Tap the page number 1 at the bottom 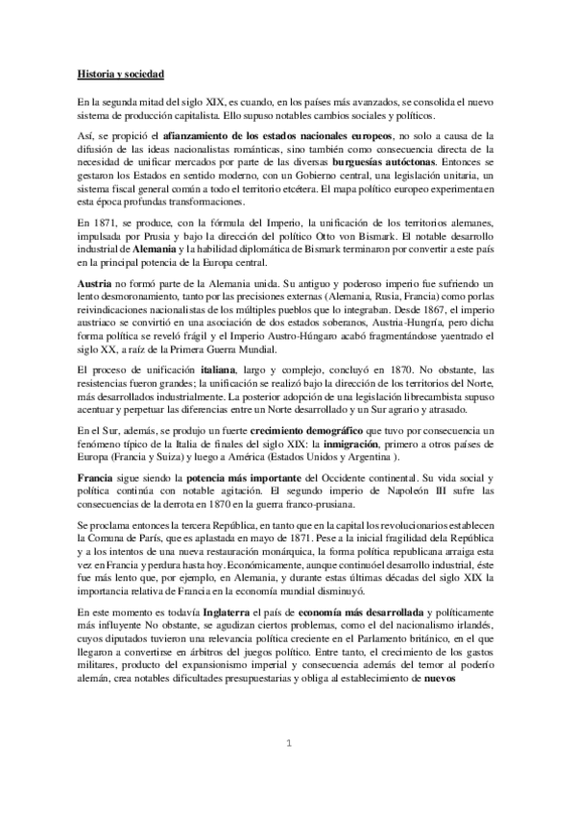tap(288, 744)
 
